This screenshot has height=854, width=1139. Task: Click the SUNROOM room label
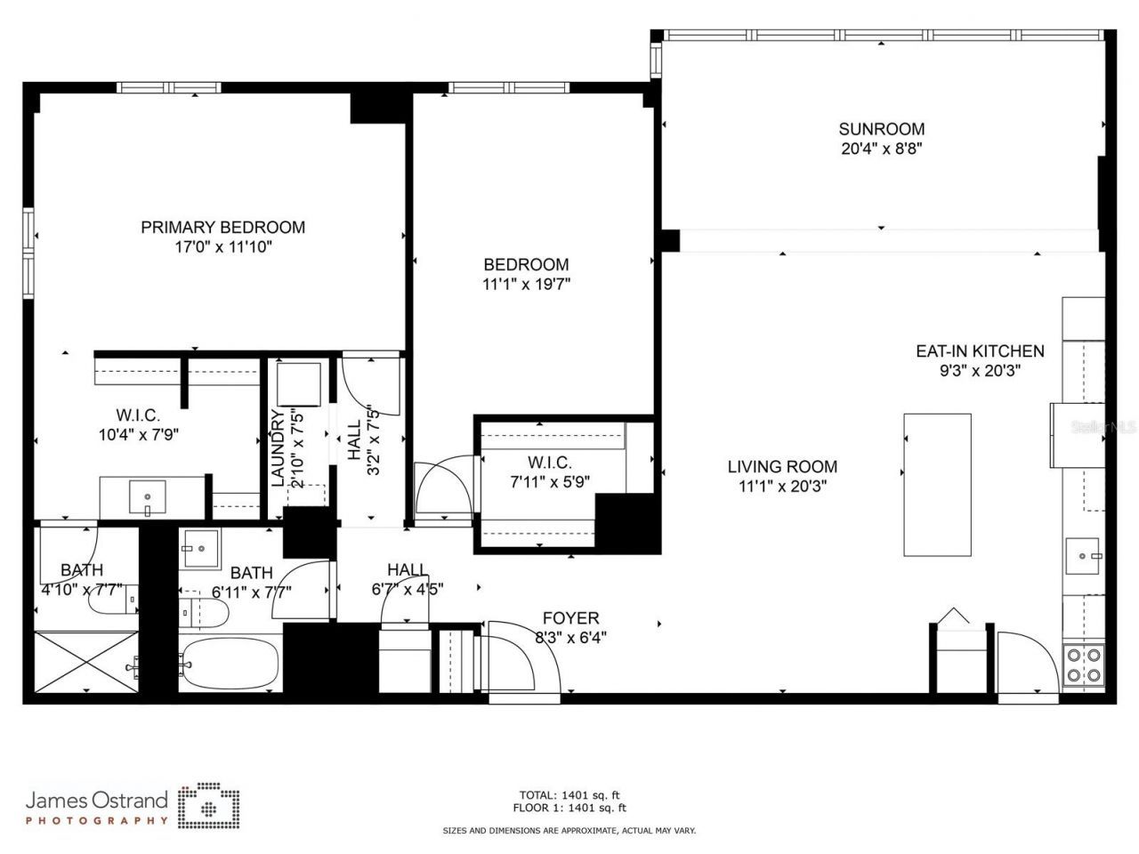[x=881, y=129]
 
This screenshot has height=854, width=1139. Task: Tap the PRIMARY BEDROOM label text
[x=222, y=228]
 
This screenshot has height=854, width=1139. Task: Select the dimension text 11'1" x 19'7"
[x=526, y=285]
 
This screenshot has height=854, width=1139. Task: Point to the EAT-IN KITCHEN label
[x=980, y=351]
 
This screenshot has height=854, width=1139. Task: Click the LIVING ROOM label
[x=782, y=466]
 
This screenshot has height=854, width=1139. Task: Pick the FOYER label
[x=570, y=617]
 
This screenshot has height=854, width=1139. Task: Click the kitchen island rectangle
[x=936, y=484]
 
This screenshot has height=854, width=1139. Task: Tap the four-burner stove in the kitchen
[x=1083, y=665]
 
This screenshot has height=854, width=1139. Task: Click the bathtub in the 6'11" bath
[x=229, y=664]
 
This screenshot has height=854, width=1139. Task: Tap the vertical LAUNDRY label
[x=277, y=447]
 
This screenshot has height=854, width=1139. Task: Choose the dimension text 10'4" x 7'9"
[x=137, y=435]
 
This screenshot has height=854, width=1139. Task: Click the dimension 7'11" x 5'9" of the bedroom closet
[x=548, y=482]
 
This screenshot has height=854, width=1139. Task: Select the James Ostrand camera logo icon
[x=208, y=805]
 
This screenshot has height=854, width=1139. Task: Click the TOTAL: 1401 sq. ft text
[x=569, y=794]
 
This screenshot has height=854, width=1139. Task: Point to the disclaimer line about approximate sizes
[x=569, y=830]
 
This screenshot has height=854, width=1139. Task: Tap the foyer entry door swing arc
[x=525, y=654]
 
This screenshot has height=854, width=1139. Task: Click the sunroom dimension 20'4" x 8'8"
[x=881, y=149]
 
